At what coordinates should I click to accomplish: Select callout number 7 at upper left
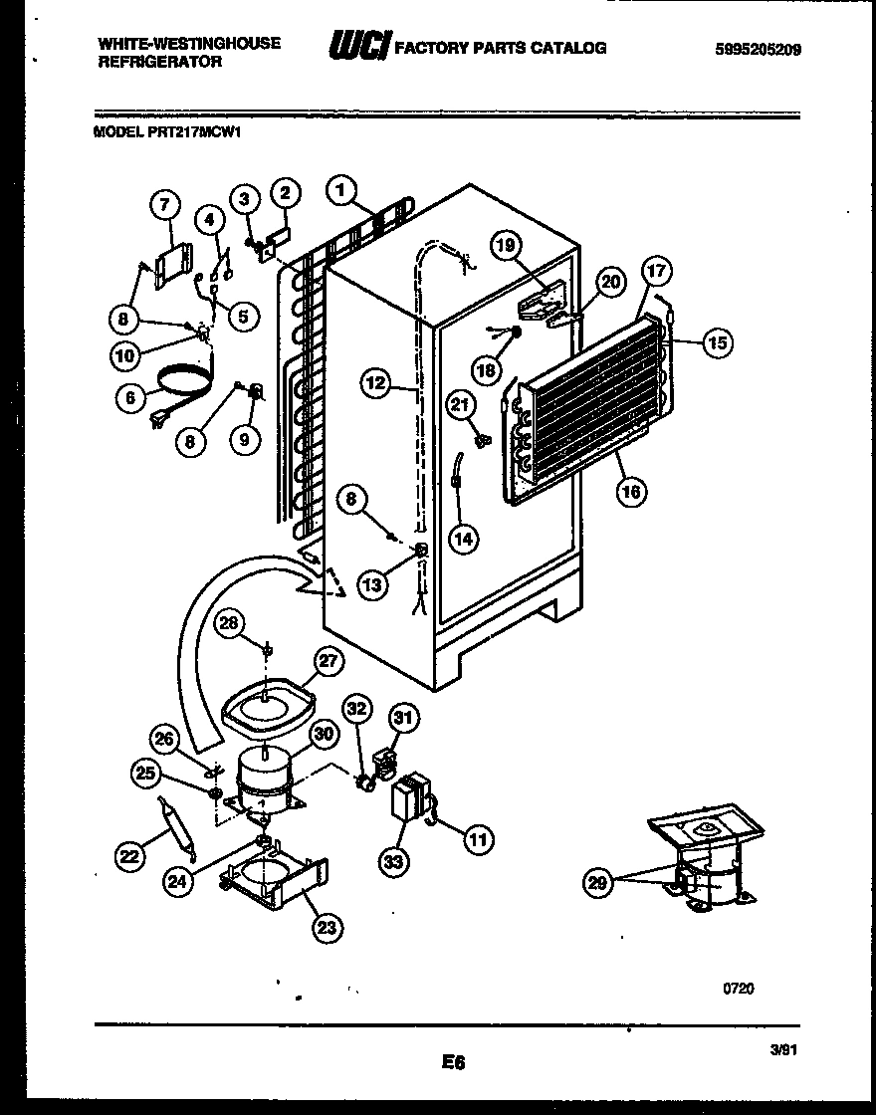(x=165, y=205)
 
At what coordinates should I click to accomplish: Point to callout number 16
(x=631, y=490)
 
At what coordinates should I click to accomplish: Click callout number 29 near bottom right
(x=597, y=881)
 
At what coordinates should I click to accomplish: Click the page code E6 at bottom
(x=453, y=1063)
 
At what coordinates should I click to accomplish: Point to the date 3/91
(x=784, y=1049)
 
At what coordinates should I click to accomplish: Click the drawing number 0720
(x=738, y=988)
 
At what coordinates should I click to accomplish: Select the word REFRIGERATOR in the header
(x=159, y=61)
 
